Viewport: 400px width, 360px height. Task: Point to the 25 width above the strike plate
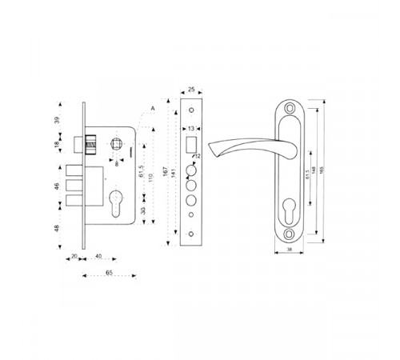[191, 90]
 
